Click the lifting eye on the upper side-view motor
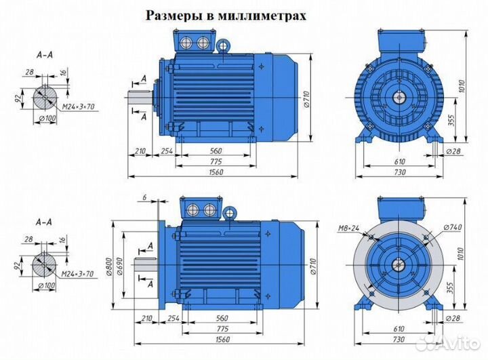pos(222,45)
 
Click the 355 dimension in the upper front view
pos(451,119)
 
